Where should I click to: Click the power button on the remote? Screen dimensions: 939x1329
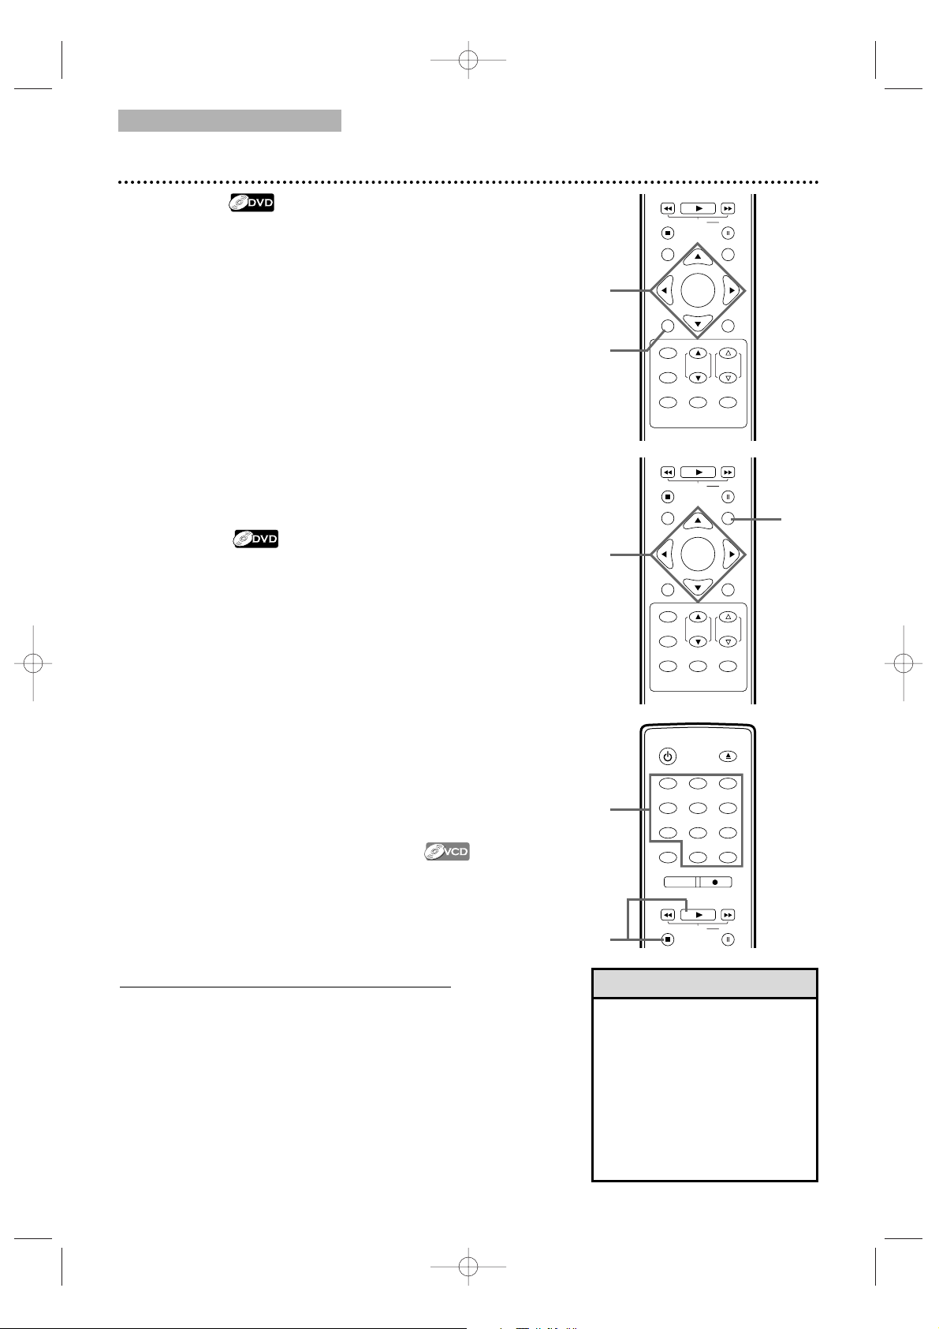[667, 756]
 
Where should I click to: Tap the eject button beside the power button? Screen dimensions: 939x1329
[728, 756]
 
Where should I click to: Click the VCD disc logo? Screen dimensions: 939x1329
[447, 851]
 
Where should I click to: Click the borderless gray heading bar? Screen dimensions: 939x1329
[229, 121]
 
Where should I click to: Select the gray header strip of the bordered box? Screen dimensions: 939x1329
[705, 984]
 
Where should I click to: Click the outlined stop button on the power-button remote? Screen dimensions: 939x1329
[667, 939]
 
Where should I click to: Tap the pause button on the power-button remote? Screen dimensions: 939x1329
[728, 939]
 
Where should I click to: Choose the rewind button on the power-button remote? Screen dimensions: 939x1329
[667, 915]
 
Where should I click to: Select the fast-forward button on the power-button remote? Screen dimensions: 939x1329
[728, 915]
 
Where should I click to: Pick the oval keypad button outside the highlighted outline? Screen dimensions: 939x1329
[667, 857]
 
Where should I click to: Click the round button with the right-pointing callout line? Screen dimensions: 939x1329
[728, 518]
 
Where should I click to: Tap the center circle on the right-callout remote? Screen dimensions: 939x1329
[698, 554]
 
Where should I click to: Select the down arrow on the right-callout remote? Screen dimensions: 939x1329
[698, 588]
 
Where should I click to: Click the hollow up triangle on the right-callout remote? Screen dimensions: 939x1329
[728, 617]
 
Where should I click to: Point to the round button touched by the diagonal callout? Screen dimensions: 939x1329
[667, 326]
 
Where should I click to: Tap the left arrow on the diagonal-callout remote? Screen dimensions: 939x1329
[665, 291]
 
